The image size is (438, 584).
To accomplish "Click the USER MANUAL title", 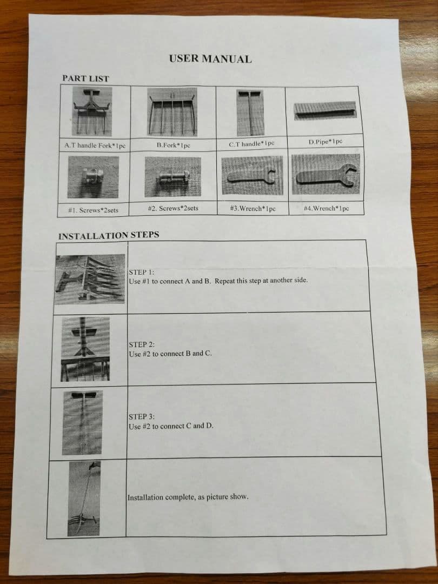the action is tap(210, 59).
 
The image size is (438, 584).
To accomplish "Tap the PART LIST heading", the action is tap(85, 78).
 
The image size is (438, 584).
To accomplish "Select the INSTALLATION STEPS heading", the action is tap(109, 235).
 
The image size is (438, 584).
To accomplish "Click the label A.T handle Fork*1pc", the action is tap(95, 145).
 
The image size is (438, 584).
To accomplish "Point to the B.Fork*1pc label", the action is tap(173, 145).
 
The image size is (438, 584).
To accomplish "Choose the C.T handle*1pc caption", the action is tap(251, 143).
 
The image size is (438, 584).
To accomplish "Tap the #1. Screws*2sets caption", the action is tap(93, 210).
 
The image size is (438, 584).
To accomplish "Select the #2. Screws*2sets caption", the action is tap(173, 208).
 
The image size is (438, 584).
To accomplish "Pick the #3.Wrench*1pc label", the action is tap(253, 208).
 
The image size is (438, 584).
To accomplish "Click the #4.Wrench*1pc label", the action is tap(326, 208).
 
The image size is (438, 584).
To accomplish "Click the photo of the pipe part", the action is tap(325, 111).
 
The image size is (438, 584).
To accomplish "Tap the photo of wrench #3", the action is tap(252, 175).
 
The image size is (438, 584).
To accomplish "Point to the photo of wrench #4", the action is tap(326, 174).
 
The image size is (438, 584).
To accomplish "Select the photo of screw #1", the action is tap(93, 177).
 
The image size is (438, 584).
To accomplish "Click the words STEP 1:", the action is tap(141, 272).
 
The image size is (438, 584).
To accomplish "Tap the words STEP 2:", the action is tap(142, 344).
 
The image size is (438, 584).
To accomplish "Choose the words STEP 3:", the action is tap(142, 417).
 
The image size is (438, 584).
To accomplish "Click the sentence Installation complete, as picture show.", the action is tap(188, 497).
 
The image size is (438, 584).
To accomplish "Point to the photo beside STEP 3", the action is tap(82, 423).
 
